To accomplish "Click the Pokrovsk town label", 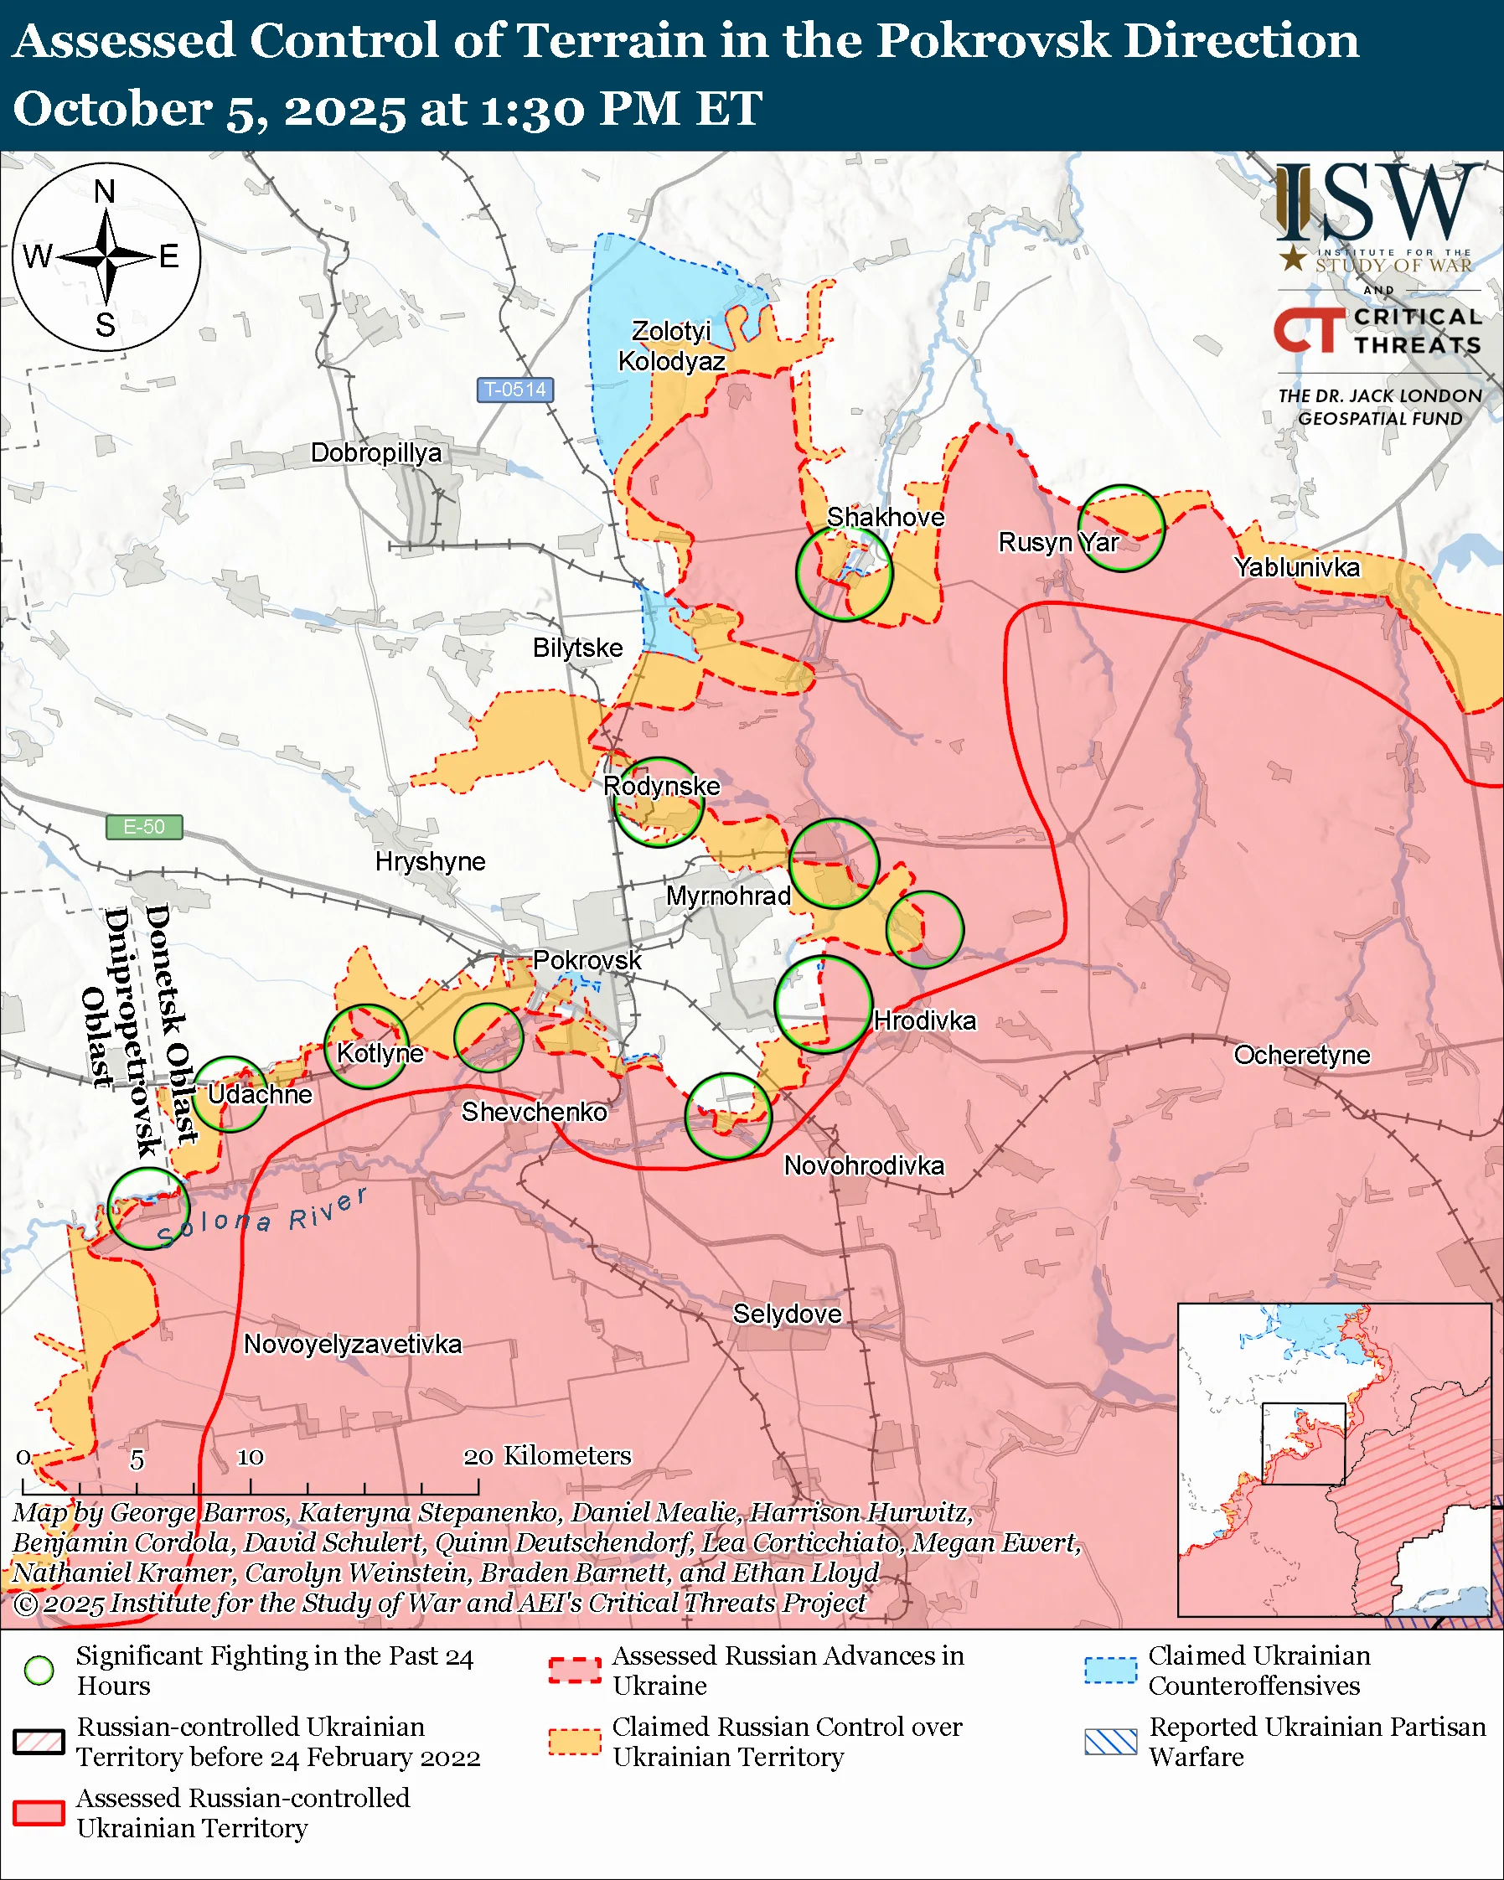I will [x=586, y=960].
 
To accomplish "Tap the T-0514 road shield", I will [x=514, y=390].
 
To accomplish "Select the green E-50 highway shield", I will [x=144, y=827].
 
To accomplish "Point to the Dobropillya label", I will [x=375, y=452].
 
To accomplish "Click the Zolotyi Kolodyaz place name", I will [x=670, y=346].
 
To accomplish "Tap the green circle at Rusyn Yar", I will [x=1121, y=529].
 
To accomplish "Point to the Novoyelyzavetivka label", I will [x=352, y=1344].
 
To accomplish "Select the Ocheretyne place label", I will [x=1301, y=1055].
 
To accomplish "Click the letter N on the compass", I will [x=105, y=192].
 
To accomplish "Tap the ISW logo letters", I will [x=1377, y=202].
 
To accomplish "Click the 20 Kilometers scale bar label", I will [x=546, y=1455].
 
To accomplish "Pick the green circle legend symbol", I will [x=39, y=1670].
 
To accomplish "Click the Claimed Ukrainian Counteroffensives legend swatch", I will [x=1110, y=1670].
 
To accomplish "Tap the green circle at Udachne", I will [x=230, y=1094].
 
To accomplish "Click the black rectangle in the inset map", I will [x=1304, y=1444].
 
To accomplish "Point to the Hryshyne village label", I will [x=430, y=861].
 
